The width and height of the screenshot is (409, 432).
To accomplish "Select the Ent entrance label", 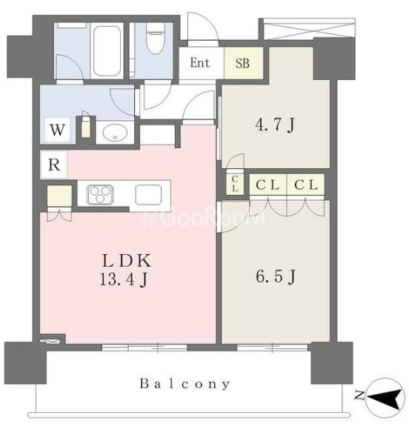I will click(x=200, y=63).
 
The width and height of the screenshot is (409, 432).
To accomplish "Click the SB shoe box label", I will click(x=242, y=63).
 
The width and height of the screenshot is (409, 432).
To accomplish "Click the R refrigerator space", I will click(x=54, y=165).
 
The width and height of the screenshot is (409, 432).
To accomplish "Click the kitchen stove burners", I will click(x=100, y=195).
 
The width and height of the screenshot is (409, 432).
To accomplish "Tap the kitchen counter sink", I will click(x=148, y=194).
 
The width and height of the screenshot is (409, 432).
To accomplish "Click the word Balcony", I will click(x=184, y=385).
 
